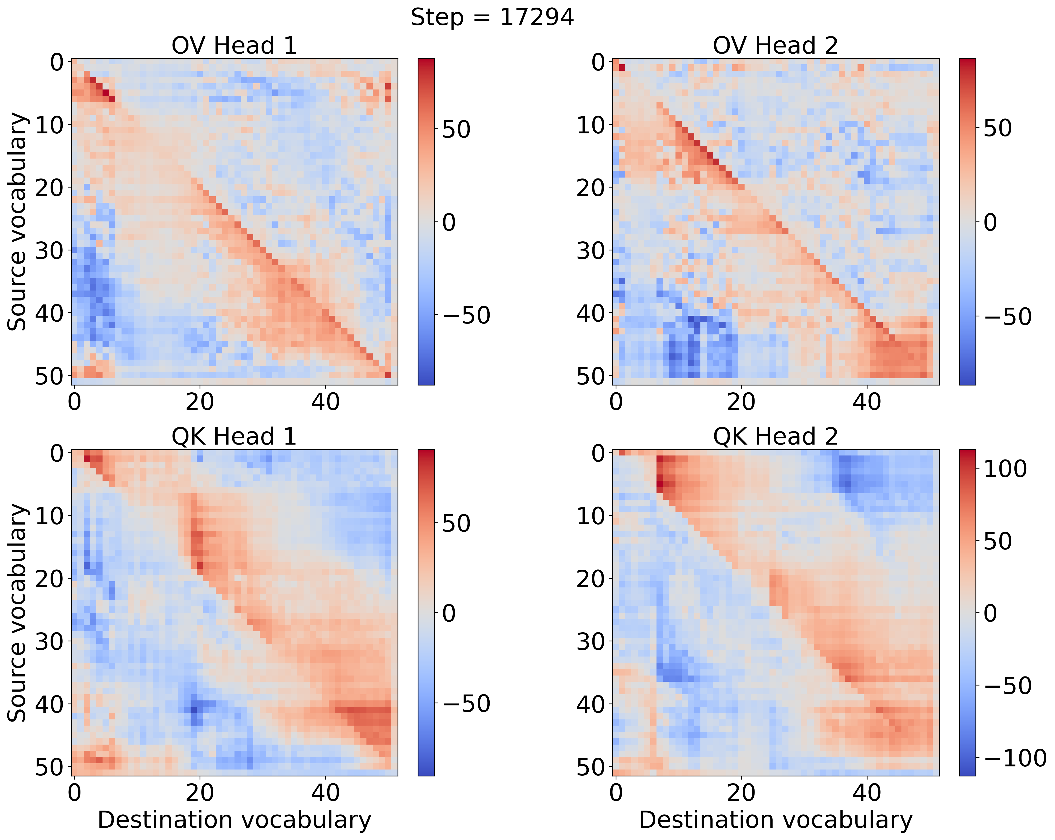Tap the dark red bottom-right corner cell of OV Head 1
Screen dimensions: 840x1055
pyautogui.click(x=388, y=375)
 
